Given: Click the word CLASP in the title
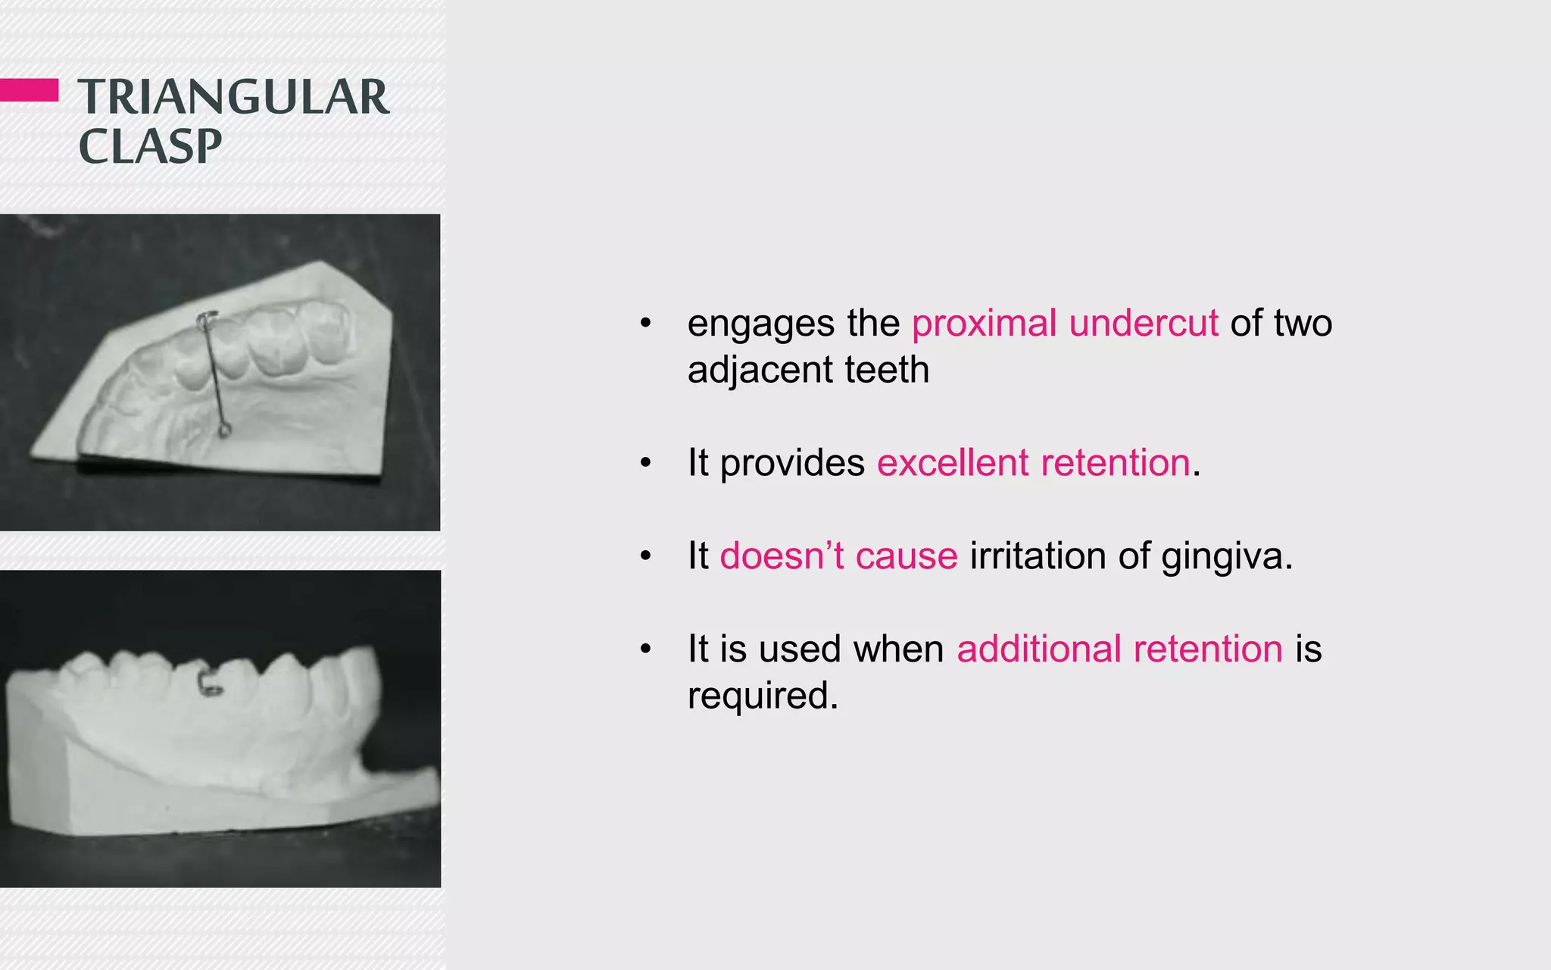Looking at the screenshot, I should (150, 146).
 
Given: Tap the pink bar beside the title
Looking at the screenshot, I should (29, 89).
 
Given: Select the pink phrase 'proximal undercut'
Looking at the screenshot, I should (1065, 324).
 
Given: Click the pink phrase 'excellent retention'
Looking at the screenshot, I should (1034, 463).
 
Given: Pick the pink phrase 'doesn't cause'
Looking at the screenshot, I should (838, 556).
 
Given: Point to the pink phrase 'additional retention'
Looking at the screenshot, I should (1119, 649).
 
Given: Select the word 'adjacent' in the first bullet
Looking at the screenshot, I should (760, 371).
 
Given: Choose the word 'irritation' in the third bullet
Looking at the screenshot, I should (1038, 556).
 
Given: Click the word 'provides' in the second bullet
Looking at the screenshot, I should (791, 464).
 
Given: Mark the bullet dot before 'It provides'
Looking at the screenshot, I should (645, 463).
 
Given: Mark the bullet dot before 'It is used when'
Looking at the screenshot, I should (645, 649).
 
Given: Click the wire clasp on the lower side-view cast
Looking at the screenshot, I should (211, 683).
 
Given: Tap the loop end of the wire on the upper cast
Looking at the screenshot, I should (224, 431).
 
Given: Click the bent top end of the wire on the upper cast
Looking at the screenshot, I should (206, 319).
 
